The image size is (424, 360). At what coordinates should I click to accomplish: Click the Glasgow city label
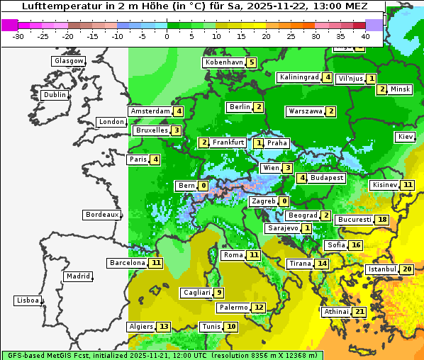pyautogui.click(x=69, y=61)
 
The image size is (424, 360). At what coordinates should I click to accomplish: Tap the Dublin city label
pyautogui.click(x=55, y=95)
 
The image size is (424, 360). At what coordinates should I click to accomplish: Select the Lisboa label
pyautogui.click(x=28, y=300)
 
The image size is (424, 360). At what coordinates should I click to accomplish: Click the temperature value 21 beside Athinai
pyautogui.click(x=359, y=312)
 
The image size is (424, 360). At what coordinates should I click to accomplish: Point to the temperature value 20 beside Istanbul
pyautogui.click(x=407, y=270)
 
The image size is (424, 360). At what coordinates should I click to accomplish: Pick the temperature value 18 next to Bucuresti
pyautogui.click(x=382, y=220)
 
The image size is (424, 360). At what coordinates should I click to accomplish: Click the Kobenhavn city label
pyautogui.click(x=224, y=62)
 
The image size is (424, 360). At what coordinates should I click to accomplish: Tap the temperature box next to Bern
pyautogui.click(x=203, y=186)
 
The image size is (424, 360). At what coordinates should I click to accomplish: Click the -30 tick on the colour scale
pyautogui.click(x=19, y=36)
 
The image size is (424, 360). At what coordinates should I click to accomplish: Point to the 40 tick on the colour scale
pyautogui.click(x=365, y=36)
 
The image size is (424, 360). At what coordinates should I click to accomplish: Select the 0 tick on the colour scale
pyautogui.click(x=167, y=36)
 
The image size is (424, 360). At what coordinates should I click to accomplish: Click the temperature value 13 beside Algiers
pyautogui.click(x=164, y=327)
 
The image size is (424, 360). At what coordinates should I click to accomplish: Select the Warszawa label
pyautogui.click(x=305, y=111)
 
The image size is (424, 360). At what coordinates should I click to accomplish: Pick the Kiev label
pyautogui.click(x=406, y=137)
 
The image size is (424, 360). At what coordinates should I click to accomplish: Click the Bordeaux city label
pyautogui.click(x=101, y=215)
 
